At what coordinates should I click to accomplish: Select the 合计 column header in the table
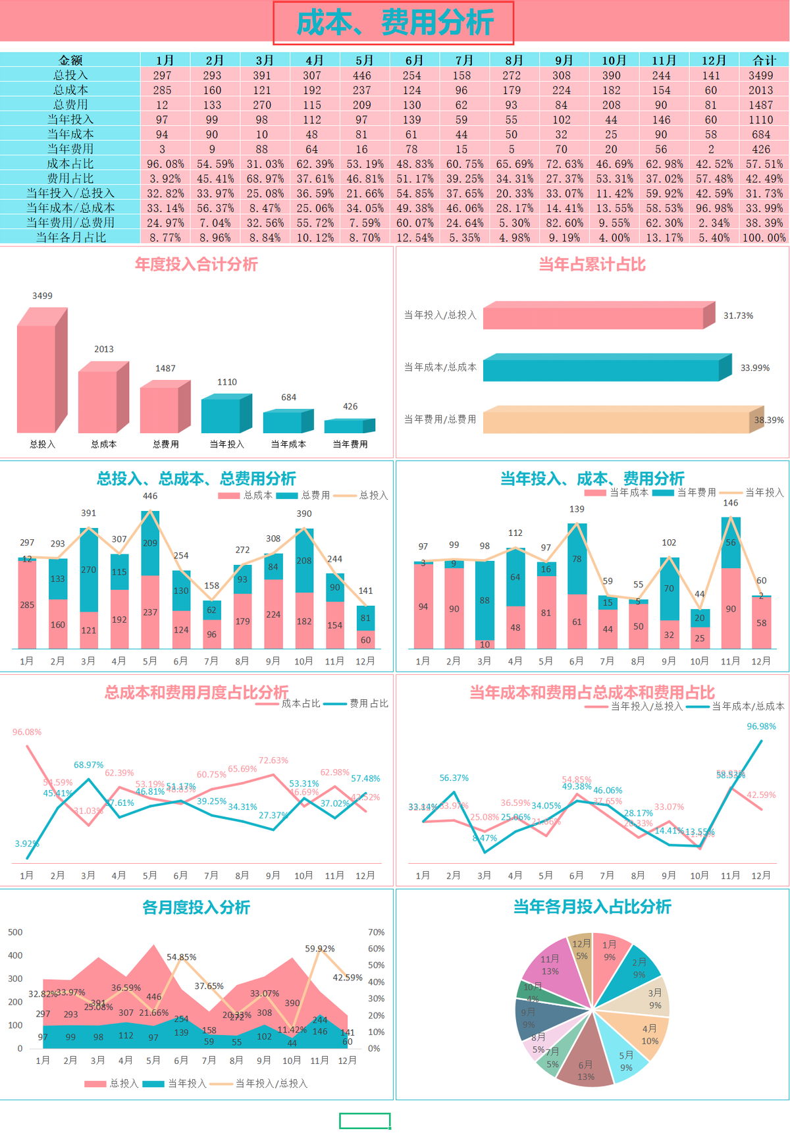coord(764,60)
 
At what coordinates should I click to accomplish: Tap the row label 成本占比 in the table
coord(70,163)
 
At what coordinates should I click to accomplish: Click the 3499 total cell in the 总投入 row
coord(760,76)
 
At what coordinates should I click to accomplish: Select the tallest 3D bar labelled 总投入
coord(37,378)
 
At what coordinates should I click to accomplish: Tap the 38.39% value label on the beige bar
coord(768,420)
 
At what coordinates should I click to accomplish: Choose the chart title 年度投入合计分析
coord(196,265)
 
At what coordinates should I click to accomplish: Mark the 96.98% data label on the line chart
coord(761,726)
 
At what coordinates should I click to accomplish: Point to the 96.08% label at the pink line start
coord(27,732)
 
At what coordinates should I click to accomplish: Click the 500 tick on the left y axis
coord(15,932)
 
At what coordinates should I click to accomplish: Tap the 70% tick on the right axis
coord(376,932)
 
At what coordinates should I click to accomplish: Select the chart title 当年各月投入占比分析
coord(592,907)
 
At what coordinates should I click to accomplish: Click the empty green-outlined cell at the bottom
coord(365,1121)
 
